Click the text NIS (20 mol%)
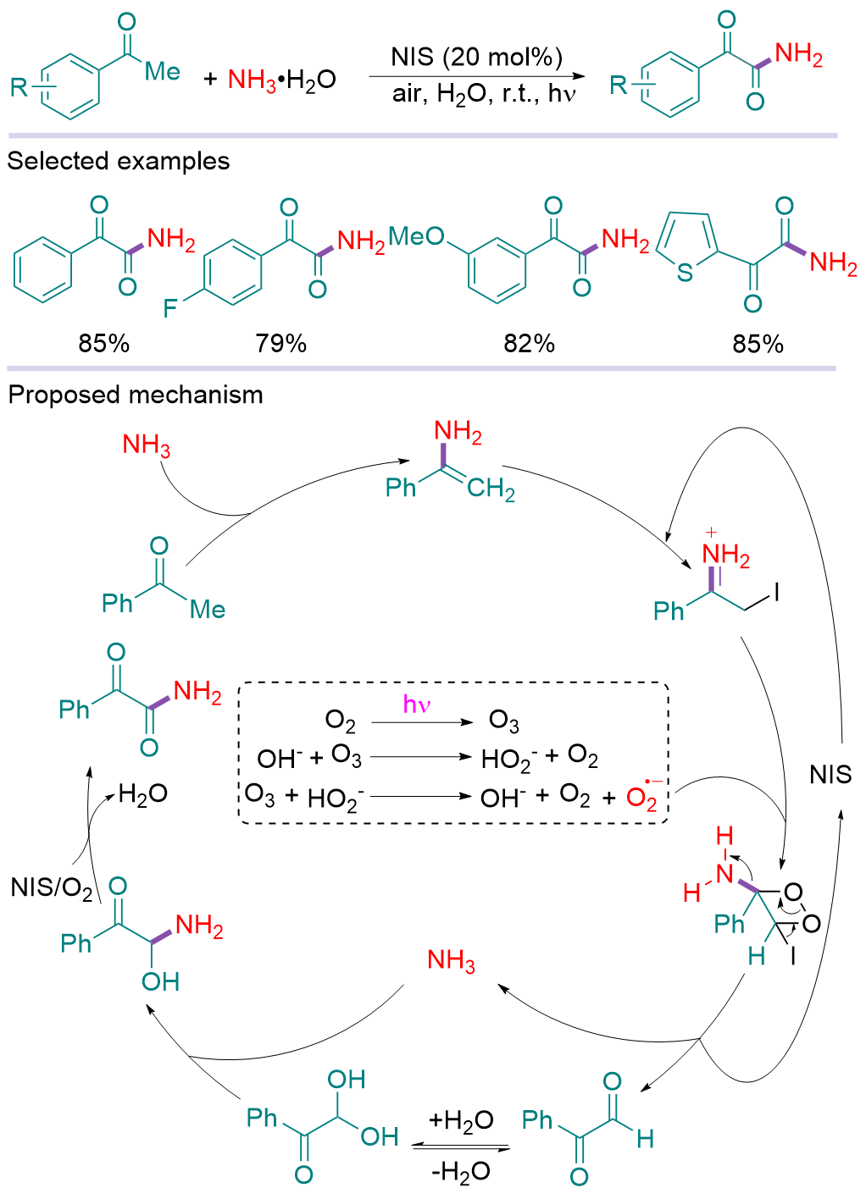476,58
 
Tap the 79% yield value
280,343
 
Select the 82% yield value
529,343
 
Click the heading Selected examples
119,161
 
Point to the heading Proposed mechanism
136,395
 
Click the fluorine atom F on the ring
170,307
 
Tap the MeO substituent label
416,236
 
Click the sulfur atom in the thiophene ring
685,273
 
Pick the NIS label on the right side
830,774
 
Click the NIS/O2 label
52,887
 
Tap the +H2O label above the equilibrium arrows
460,1121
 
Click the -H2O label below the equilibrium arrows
460,1171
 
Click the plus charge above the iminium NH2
711,533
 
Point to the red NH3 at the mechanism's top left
146,445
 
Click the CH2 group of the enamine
491,489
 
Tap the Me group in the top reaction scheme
162,72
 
